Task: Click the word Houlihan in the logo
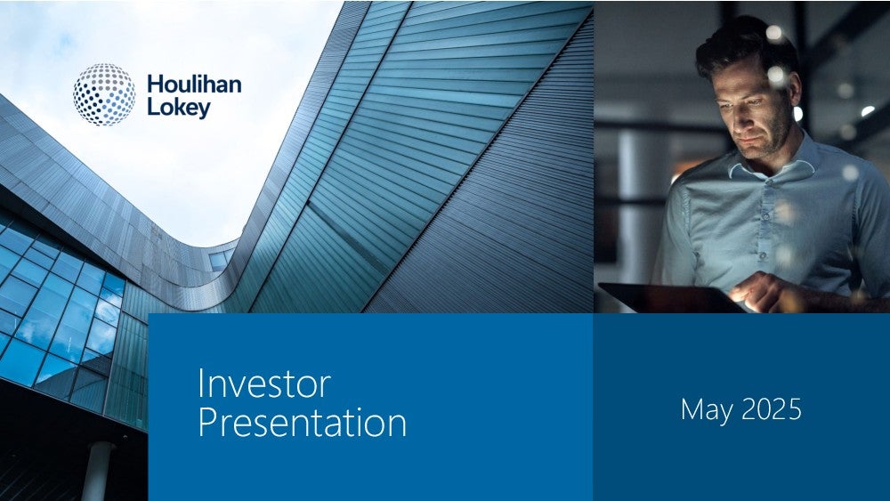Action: (x=194, y=84)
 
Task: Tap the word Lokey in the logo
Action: (x=179, y=108)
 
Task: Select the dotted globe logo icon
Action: (x=104, y=94)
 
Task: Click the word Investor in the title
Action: (x=264, y=384)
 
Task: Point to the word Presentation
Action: (x=303, y=424)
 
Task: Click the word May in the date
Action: (x=707, y=410)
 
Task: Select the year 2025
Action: (x=772, y=409)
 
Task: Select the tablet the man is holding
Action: (x=670, y=297)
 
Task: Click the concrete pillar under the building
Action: (x=98, y=471)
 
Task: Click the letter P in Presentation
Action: (x=207, y=423)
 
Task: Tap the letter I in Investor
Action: (x=200, y=384)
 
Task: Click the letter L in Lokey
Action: (x=153, y=107)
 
